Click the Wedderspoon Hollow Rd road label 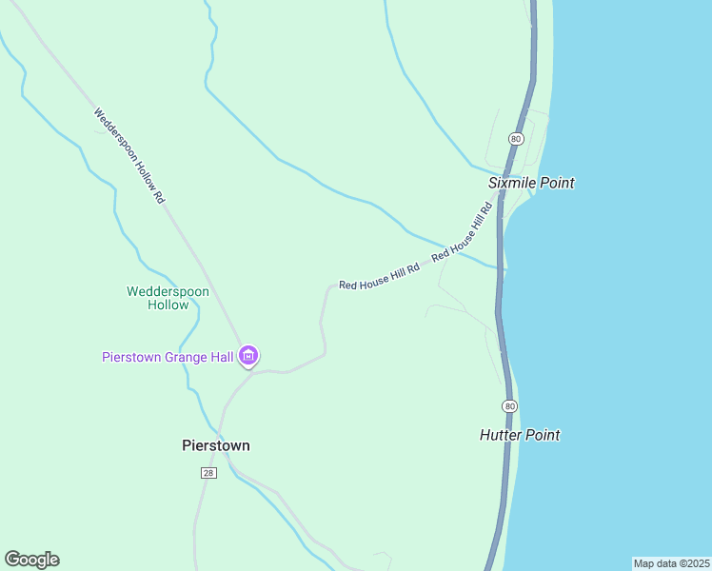coord(130,155)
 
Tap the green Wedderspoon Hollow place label coord(168,298)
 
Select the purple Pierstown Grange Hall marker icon coord(248,357)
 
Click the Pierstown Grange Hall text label coord(168,357)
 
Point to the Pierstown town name coord(216,444)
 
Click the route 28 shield coord(208,473)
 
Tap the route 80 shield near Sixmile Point coord(515,139)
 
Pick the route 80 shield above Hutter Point coord(511,406)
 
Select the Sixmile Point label coord(531,183)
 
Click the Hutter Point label coord(520,435)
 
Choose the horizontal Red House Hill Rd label coord(379,277)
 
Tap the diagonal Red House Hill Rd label coord(462,231)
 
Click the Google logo coord(31,560)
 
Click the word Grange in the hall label coord(188,357)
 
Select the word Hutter coord(502,435)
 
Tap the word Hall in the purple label coord(221,357)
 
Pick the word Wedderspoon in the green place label coord(168,291)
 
